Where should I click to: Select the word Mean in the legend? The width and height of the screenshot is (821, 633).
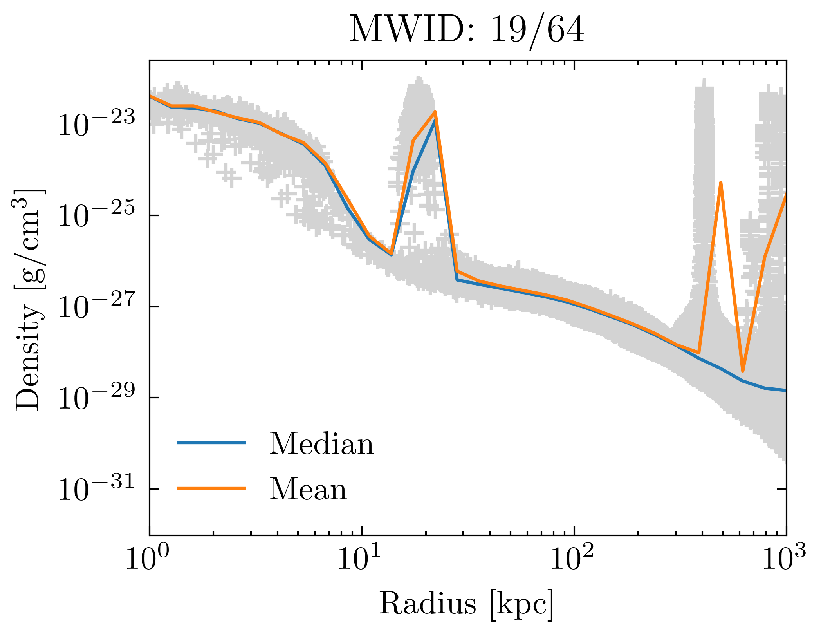[x=308, y=489]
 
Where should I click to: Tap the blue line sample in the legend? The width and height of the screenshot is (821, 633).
[x=211, y=443]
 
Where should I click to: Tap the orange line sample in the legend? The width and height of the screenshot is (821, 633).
[x=211, y=488]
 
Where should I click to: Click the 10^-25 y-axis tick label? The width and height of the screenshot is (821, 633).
[x=96, y=216]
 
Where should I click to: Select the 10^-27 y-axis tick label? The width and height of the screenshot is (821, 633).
[x=96, y=307]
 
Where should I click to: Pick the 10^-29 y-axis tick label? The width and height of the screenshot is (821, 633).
[x=96, y=398]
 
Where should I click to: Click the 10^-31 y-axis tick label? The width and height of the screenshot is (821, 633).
[x=96, y=490]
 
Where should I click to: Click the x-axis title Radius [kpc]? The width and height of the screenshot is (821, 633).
[x=466, y=603]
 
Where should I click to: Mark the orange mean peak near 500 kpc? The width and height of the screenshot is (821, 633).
[x=720, y=183]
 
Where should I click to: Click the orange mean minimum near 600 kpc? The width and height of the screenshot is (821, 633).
[x=743, y=371]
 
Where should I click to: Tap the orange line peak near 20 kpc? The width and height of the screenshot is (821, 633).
[x=435, y=112]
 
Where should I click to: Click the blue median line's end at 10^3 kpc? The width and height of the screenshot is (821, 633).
[x=785, y=390]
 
